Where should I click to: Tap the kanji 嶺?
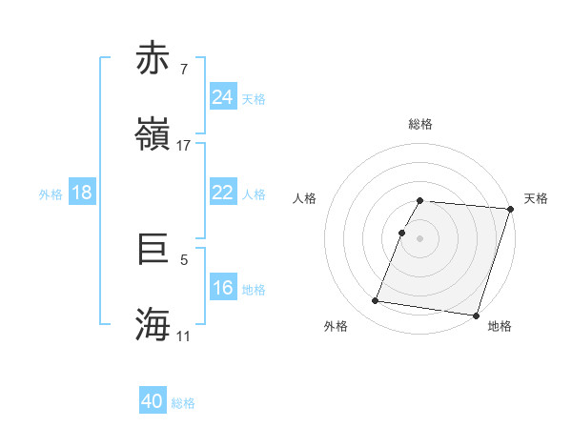153,133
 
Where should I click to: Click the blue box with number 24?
223,97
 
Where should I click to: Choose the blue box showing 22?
223,193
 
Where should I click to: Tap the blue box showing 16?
223,288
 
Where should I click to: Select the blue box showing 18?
82,193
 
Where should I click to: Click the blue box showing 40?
153,401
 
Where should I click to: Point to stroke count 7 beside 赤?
184,69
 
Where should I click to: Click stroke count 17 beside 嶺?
184,146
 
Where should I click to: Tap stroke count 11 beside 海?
184,336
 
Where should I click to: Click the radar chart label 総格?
420,124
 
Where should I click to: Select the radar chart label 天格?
537,198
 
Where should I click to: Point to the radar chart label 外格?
336,326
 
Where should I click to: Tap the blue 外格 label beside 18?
51,193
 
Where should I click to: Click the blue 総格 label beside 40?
183,403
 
